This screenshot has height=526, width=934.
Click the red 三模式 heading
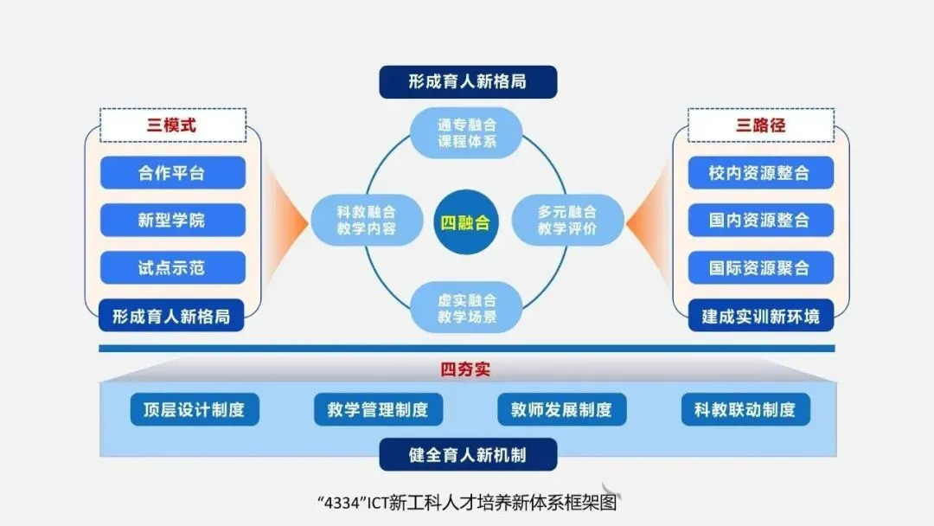(x=172, y=125)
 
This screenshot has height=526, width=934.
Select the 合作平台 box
(x=172, y=172)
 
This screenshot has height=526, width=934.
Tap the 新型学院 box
(x=172, y=220)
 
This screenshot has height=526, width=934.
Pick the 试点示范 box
(x=172, y=267)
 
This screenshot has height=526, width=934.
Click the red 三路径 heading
(x=760, y=125)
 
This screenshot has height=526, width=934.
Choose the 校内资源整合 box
(x=760, y=172)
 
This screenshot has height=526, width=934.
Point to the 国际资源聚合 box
(x=760, y=267)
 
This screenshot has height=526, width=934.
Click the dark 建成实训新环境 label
(x=760, y=316)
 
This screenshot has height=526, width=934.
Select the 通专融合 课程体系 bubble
(x=466, y=132)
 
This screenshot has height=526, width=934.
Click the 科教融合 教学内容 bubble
(x=367, y=220)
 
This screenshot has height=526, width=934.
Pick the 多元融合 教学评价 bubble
(x=567, y=220)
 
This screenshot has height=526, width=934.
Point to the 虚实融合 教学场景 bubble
(x=466, y=309)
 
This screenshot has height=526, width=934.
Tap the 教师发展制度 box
(x=561, y=409)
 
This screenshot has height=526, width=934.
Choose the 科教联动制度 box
(x=745, y=409)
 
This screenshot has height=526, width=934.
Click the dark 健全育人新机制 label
(x=467, y=454)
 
